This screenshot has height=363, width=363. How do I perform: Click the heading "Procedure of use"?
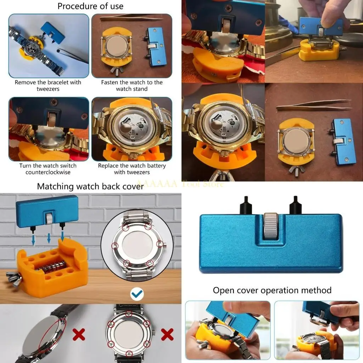(x=90, y=6)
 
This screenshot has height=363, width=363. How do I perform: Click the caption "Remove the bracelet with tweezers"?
(x=48, y=85)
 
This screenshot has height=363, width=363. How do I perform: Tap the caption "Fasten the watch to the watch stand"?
(x=132, y=85)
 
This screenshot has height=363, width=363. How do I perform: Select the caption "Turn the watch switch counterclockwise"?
(x=48, y=169)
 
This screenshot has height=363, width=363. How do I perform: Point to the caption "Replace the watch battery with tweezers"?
(x=132, y=169)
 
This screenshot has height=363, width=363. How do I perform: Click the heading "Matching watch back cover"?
(x=90, y=186)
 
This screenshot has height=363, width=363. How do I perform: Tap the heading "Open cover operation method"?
(x=272, y=290)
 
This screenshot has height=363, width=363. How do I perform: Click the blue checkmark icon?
(x=136, y=293)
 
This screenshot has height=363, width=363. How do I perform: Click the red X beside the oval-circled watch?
(x=79, y=334)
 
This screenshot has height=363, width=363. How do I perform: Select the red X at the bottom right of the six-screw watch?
(x=167, y=334)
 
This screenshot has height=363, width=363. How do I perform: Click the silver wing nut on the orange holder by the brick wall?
(x=13, y=278)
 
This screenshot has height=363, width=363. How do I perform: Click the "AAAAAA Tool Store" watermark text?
(x=180, y=184)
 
